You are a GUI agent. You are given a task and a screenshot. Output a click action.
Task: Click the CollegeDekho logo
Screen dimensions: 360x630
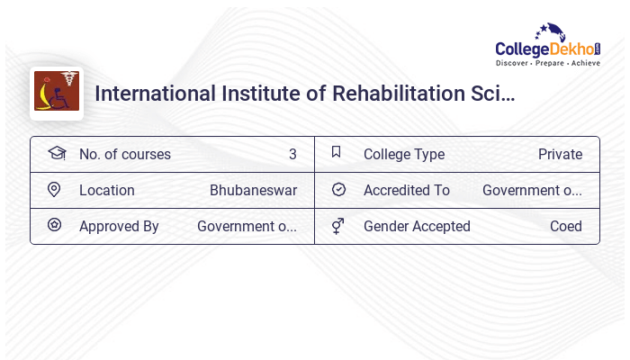pos(547,46)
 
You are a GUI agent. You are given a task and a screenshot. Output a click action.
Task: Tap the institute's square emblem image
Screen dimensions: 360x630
pos(57,93)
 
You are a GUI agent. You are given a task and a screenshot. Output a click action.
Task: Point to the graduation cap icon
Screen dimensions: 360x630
pos(57,153)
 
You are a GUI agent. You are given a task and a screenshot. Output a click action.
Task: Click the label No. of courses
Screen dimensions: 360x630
pos(125,154)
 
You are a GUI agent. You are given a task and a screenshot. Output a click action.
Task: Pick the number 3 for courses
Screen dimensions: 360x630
pos(292,154)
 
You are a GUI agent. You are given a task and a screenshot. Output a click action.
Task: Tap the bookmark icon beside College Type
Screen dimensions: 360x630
pos(336,152)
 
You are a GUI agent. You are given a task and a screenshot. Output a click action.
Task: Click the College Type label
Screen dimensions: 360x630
pos(404,154)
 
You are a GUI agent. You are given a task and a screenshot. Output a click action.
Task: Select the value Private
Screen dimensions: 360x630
pos(560,154)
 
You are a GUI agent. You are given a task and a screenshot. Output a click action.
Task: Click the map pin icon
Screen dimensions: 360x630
pos(54,190)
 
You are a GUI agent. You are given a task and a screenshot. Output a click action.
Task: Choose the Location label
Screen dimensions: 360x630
pos(107,190)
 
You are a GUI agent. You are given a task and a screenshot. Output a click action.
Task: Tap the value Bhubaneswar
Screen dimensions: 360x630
pos(253,190)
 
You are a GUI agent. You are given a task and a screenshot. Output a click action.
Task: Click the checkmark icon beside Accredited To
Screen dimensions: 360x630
pos(338,189)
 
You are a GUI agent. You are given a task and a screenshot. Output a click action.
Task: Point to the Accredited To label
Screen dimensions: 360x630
pos(407,190)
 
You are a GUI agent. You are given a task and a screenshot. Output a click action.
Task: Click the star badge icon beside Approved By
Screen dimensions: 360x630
pos(54,225)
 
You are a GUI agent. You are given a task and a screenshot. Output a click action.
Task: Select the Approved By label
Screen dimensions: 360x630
pos(119,226)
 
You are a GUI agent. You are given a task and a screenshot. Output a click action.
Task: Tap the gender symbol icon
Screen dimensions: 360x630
pos(337,226)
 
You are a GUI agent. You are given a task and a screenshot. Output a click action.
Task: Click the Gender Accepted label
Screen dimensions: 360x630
pos(417,226)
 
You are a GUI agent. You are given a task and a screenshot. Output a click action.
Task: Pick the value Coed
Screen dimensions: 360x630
pos(566,226)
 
